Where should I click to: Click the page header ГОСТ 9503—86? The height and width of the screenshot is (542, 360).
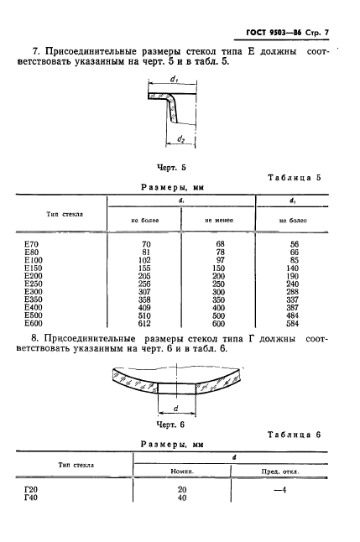click(274, 33)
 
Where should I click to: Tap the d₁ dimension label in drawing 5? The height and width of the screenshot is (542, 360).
click(174, 79)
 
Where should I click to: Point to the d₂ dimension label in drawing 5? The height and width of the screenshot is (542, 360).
click(181, 139)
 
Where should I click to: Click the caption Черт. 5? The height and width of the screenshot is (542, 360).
click(171, 168)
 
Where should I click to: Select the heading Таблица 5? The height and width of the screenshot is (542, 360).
click(295, 178)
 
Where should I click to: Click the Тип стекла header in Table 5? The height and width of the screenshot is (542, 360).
click(65, 214)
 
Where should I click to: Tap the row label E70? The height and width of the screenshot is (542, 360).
click(31, 244)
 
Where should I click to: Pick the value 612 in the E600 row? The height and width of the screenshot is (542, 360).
click(143, 324)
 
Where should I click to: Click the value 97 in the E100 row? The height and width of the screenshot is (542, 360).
click(221, 260)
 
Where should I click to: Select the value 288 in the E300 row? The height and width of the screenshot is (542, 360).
click(293, 292)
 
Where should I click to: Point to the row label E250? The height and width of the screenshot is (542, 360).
click(34, 284)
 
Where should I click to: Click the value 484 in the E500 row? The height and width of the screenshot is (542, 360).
click(293, 315)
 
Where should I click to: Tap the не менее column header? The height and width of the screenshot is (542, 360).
click(219, 220)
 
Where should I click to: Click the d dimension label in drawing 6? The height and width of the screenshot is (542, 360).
click(175, 409)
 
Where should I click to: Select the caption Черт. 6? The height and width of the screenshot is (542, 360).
click(171, 425)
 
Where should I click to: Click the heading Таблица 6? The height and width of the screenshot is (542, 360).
click(295, 435)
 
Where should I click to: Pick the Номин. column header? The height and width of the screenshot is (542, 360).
click(182, 472)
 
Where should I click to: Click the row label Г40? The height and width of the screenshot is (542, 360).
click(31, 498)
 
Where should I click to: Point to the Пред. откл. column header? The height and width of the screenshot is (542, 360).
click(280, 472)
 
